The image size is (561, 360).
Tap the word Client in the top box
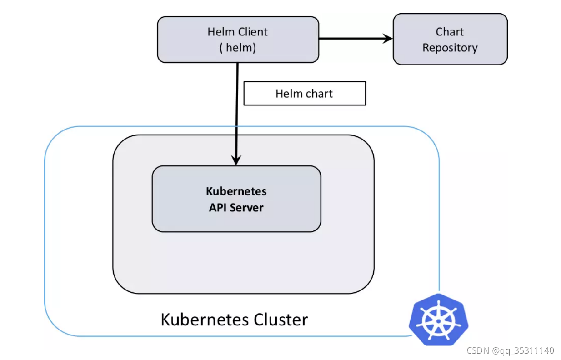(x=253, y=32)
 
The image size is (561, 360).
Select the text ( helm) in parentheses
(x=238, y=48)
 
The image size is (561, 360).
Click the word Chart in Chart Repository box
(x=450, y=32)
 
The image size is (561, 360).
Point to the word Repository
(x=450, y=48)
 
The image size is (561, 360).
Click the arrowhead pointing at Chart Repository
(x=388, y=39)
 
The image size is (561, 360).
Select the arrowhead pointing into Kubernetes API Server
(x=236, y=160)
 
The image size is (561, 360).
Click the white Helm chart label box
(x=305, y=93)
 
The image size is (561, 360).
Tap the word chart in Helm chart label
(x=319, y=94)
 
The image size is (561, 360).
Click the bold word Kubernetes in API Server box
(x=236, y=191)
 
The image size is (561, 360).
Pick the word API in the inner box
(x=218, y=208)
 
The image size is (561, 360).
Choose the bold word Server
(x=247, y=208)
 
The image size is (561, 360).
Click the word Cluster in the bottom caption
(x=281, y=320)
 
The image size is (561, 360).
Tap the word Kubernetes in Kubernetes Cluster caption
(x=205, y=320)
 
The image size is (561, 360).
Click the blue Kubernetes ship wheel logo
(x=439, y=320)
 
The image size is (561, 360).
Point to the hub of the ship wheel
(x=439, y=321)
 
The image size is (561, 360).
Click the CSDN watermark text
(x=478, y=350)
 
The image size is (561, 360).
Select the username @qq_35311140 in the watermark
(x=523, y=350)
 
